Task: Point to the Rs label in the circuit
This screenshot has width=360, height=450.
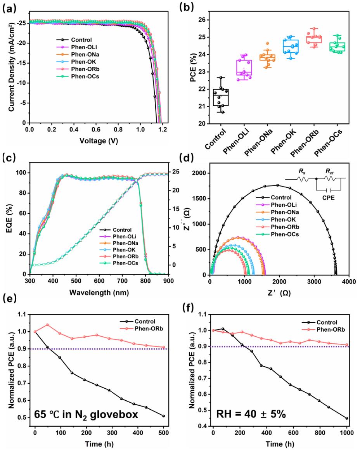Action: click(301, 170)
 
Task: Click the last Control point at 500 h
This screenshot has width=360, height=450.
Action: click(163, 416)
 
